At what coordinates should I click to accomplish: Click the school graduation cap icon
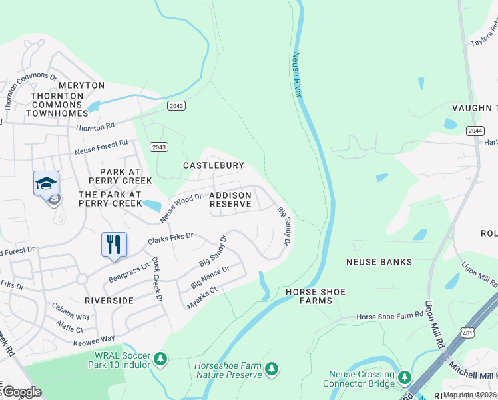tap(46, 183)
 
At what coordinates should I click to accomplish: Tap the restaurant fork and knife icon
tap(114, 243)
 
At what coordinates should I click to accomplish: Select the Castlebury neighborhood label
tap(214, 165)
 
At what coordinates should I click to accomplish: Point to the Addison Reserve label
tap(230, 199)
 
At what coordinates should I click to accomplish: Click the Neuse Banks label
tap(379, 262)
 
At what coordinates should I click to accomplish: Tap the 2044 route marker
tap(475, 131)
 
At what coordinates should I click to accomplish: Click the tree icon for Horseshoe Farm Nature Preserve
tap(271, 369)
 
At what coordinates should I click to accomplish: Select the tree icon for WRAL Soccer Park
tap(160, 359)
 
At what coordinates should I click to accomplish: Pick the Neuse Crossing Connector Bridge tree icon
tap(405, 378)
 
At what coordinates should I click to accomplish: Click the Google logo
tap(21, 392)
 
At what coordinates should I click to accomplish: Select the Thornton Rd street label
tap(95, 127)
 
